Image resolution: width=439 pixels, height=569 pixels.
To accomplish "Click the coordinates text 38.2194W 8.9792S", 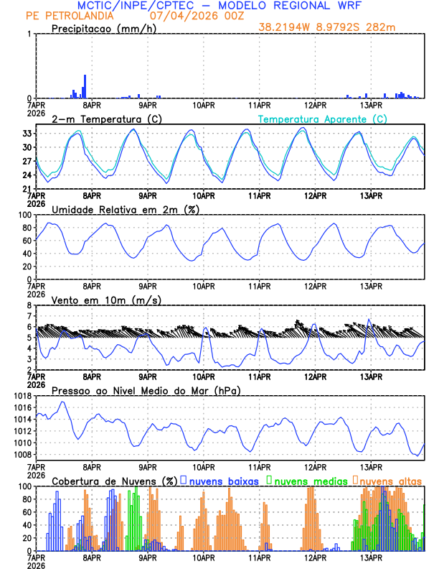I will coord(313,27).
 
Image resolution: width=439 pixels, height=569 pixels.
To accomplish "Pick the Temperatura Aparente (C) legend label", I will coord(323,119).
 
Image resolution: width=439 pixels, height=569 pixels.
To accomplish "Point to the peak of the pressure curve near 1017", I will coord(63,402).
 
